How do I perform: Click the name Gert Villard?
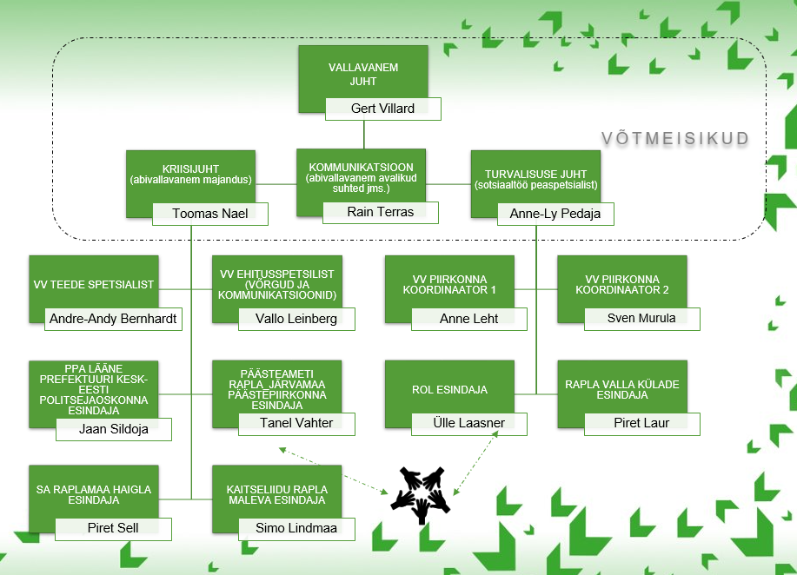[x=382, y=109]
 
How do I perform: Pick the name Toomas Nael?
[x=210, y=214]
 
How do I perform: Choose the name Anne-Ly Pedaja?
[x=555, y=214]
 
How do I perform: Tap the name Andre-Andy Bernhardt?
[x=113, y=319]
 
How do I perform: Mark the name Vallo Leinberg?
[x=296, y=319]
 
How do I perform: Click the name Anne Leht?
[x=469, y=319]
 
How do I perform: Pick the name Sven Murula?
[x=641, y=318]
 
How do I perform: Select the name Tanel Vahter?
[x=296, y=423]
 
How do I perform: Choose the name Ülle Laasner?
[x=470, y=423]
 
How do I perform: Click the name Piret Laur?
[x=641, y=423]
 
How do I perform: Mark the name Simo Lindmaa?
[x=296, y=528]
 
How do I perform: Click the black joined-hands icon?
[x=421, y=494]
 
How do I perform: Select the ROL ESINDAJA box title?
[x=449, y=390]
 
